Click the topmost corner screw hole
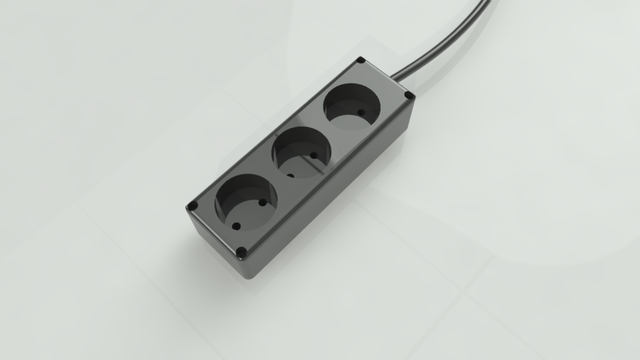pyautogui.click(x=361, y=61)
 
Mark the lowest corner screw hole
pyautogui.click(x=241, y=253)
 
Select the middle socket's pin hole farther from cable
pyautogui.click(x=290, y=176)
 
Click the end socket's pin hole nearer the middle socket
pyautogui.click(x=262, y=203)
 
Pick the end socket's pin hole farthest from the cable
pyautogui.click(x=235, y=225)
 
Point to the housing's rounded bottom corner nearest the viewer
pyautogui.click(x=250, y=275)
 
